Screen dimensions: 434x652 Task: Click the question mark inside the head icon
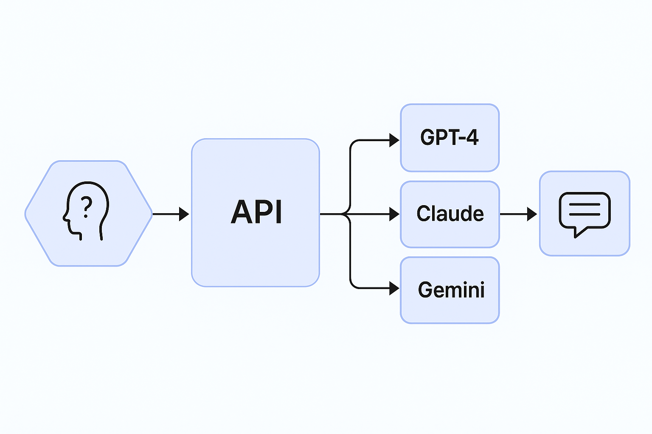click(87, 206)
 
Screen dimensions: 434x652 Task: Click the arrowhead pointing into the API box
click(184, 214)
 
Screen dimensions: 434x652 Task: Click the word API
click(257, 212)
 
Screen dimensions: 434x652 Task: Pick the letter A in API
click(240, 212)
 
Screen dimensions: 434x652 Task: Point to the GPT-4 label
click(449, 137)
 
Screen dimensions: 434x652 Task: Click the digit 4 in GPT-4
click(472, 137)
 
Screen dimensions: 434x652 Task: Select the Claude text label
click(450, 214)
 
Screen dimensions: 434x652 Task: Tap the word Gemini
click(451, 290)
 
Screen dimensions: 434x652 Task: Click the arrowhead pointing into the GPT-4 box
click(394, 140)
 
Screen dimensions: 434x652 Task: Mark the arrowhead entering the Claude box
click(394, 214)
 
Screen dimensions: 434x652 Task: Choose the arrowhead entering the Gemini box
click(394, 288)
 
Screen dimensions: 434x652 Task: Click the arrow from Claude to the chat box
click(518, 214)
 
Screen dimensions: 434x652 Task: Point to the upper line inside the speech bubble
click(585, 204)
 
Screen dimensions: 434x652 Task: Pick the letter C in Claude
click(423, 214)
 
